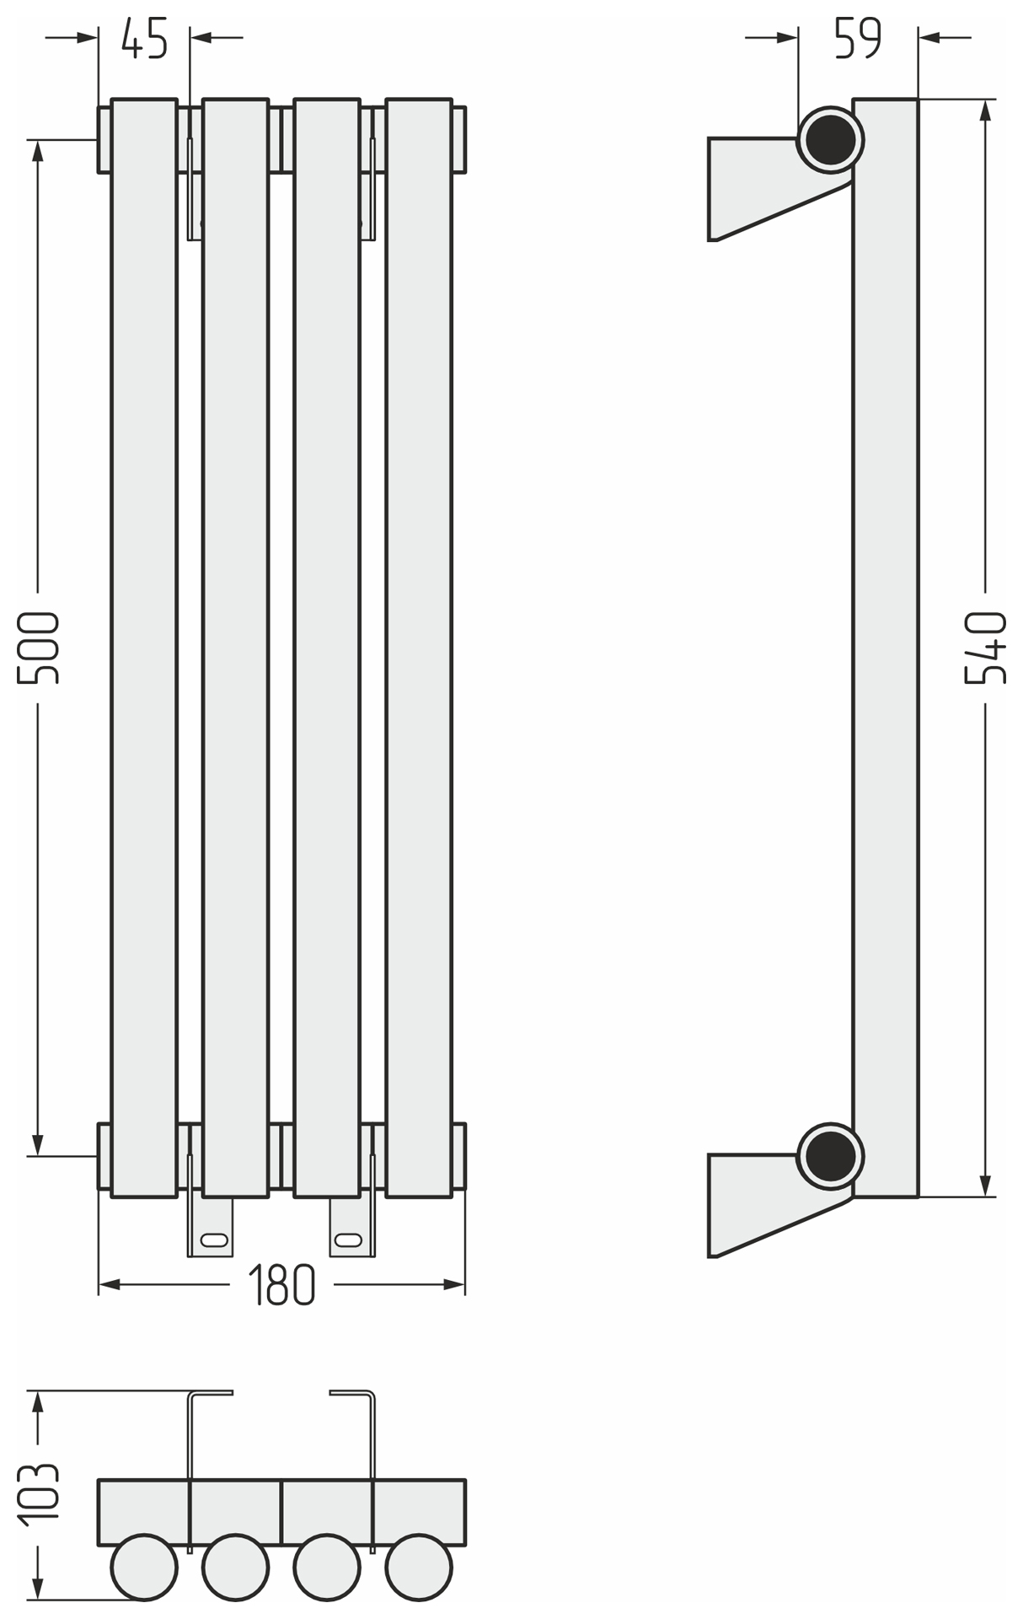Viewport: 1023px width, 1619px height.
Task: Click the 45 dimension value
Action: tap(144, 38)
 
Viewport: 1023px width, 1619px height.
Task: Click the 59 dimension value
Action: tap(858, 38)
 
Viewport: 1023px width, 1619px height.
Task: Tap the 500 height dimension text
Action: tap(39, 648)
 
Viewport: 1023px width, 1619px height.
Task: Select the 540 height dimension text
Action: tap(986, 648)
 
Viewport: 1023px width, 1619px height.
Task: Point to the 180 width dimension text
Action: tap(281, 1285)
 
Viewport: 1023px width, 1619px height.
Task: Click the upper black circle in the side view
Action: tap(830, 140)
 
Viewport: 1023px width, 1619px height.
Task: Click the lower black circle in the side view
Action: tap(830, 1156)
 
